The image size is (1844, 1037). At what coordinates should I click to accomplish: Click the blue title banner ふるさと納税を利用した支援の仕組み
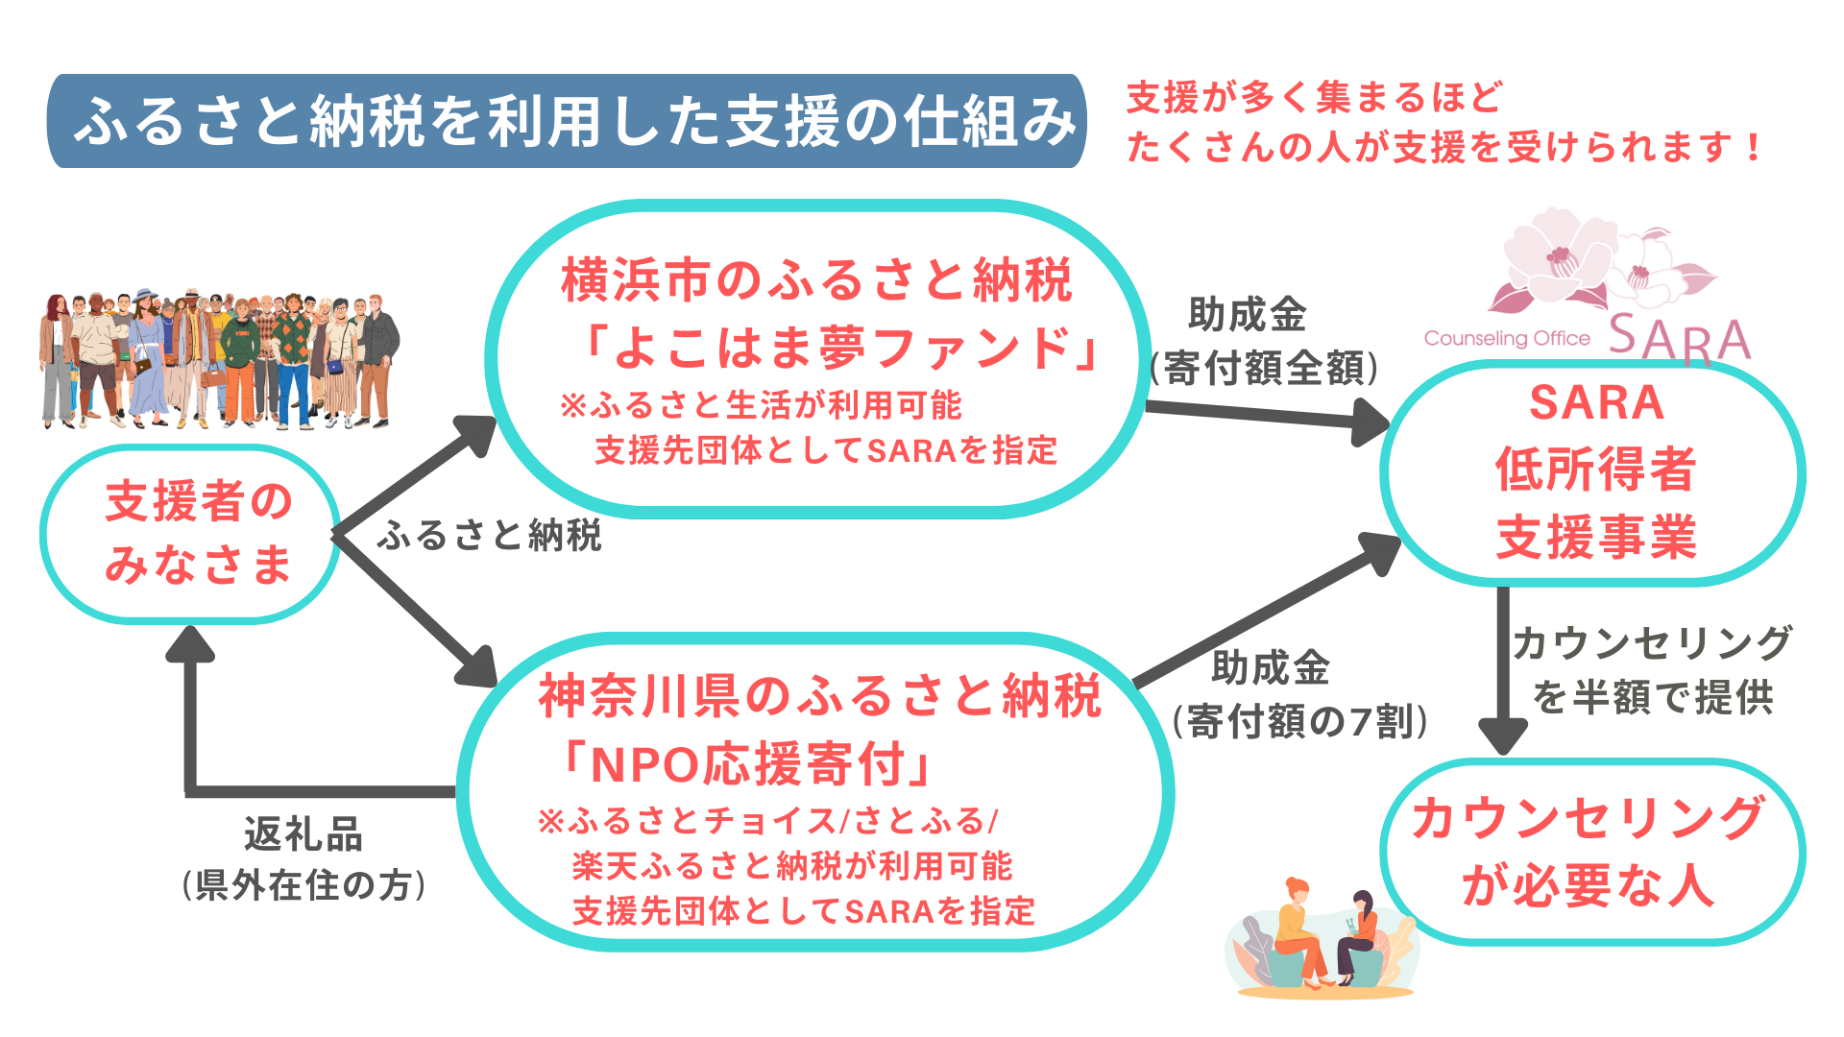[567, 121]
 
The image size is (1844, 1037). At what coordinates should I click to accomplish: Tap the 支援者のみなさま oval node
[192, 534]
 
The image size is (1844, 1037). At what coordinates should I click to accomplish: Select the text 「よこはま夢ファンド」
[843, 348]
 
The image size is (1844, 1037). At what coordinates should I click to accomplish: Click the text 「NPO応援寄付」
[747, 765]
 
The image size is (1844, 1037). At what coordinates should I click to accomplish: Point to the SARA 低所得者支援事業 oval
[1594, 470]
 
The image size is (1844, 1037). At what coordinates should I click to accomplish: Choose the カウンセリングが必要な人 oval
[1590, 851]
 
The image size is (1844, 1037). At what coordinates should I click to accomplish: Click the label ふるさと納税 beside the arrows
[490, 536]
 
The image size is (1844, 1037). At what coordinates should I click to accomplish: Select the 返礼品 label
[303, 834]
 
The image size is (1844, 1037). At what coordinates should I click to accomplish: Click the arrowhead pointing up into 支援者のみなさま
[190, 645]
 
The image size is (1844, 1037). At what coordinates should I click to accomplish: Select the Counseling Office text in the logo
[1507, 338]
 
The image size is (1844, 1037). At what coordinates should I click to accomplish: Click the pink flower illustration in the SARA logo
[1594, 264]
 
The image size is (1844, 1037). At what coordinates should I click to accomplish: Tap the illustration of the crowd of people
[219, 359]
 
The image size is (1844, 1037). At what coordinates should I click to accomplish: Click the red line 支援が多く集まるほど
[1314, 98]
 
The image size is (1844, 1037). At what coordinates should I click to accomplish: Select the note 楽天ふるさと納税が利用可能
[791, 866]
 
